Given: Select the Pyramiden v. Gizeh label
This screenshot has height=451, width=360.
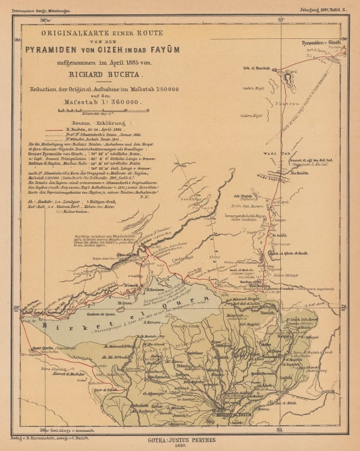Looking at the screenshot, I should [x=321, y=44].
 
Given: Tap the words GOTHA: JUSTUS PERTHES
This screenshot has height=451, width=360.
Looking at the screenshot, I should [x=179, y=440].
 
